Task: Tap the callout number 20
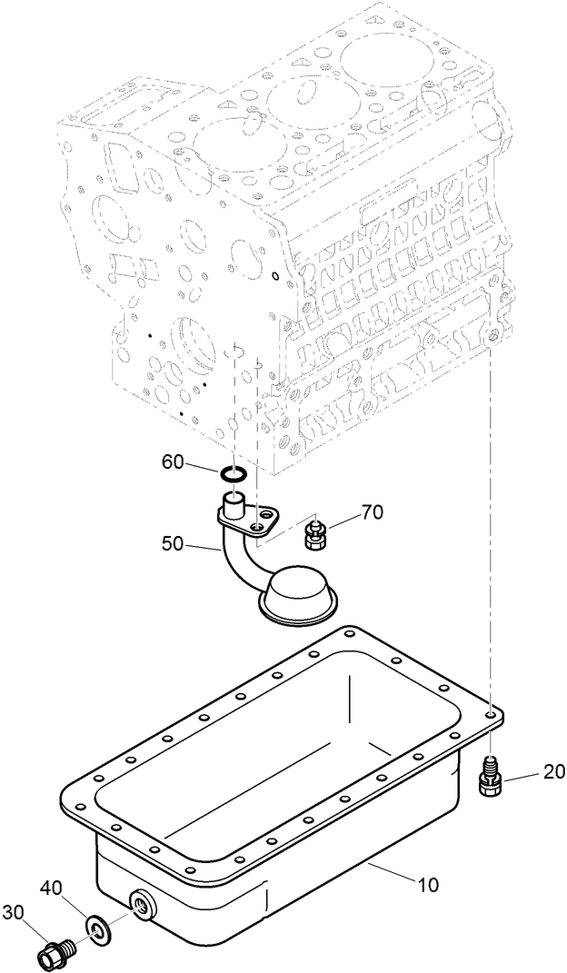point(554,772)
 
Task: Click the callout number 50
point(173,544)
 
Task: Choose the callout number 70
point(373,512)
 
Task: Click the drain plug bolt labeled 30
point(55,953)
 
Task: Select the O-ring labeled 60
point(234,473)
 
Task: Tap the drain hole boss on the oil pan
point(143,902)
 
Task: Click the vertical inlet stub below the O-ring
point(234,501)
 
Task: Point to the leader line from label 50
point(203,545)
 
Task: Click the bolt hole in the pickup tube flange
point(263,528)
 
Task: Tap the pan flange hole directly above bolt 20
point(492,714)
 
